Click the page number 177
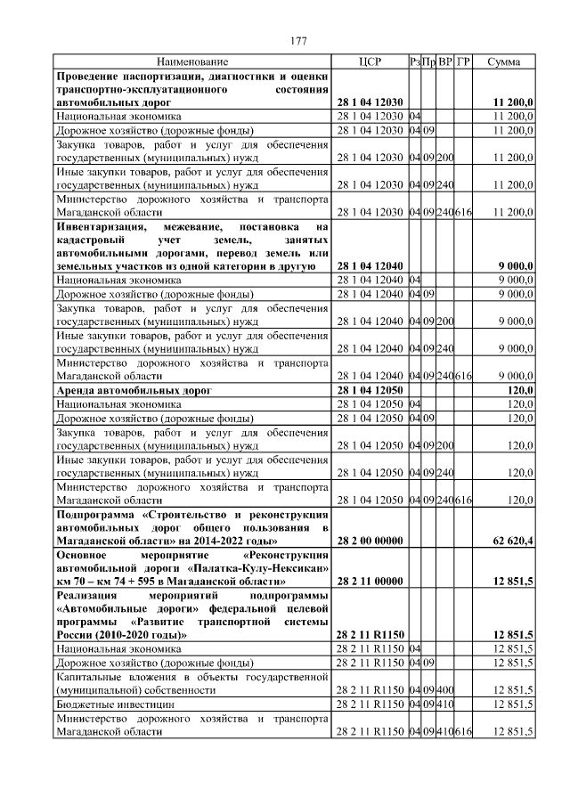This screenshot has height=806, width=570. click(298, 41)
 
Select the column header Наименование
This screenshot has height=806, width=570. click(192, 61)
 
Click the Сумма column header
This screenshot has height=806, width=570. click(504, 61)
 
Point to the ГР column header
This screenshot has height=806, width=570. click(463, 61)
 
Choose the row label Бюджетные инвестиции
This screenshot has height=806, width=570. click(105, 704)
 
